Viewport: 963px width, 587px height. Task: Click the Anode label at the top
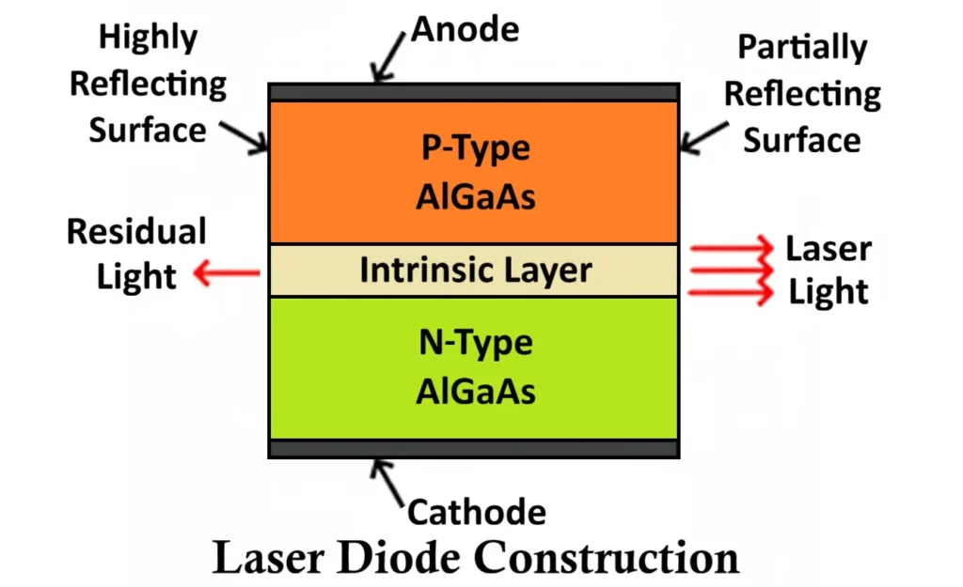click(x=465, y=30)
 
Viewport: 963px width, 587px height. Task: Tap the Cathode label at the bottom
click(x=476, y=512)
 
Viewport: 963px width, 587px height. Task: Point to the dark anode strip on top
click(x=473, y=92)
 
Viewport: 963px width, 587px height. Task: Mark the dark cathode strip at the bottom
click(x=473, y=448)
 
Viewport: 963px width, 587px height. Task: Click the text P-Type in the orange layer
click(x=476, y=148)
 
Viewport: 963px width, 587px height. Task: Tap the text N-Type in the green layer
click(x=476, y=343)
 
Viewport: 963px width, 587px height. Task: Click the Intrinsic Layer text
click(x=476, y=270)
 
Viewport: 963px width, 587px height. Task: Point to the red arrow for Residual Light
click(x=226, y=273)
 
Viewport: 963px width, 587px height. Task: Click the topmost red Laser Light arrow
click(x=730, y=250)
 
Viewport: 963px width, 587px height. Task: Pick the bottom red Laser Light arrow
click(x=730, y=293)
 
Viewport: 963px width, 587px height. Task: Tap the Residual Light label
click(x=136, y=254)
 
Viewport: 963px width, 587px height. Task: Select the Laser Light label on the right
click(x=829, y=270)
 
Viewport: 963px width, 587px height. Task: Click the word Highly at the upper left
click(x=149, y=38)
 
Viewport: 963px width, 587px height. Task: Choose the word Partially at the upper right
click(x=802, y=47)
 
